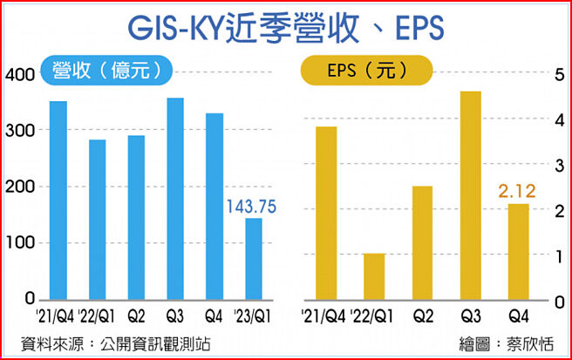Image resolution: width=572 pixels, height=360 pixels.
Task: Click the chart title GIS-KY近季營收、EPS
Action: (286, 28)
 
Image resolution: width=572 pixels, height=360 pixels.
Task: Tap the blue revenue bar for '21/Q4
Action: (58, 200)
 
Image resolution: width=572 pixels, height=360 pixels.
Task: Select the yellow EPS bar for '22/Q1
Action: (373, 277)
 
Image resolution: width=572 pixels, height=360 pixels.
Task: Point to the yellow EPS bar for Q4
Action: (518, 252)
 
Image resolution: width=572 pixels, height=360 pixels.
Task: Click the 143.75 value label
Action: (252, 207)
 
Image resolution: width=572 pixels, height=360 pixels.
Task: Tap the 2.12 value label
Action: (517, 191)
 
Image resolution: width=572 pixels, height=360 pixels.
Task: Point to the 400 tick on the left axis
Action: (17, 75)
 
